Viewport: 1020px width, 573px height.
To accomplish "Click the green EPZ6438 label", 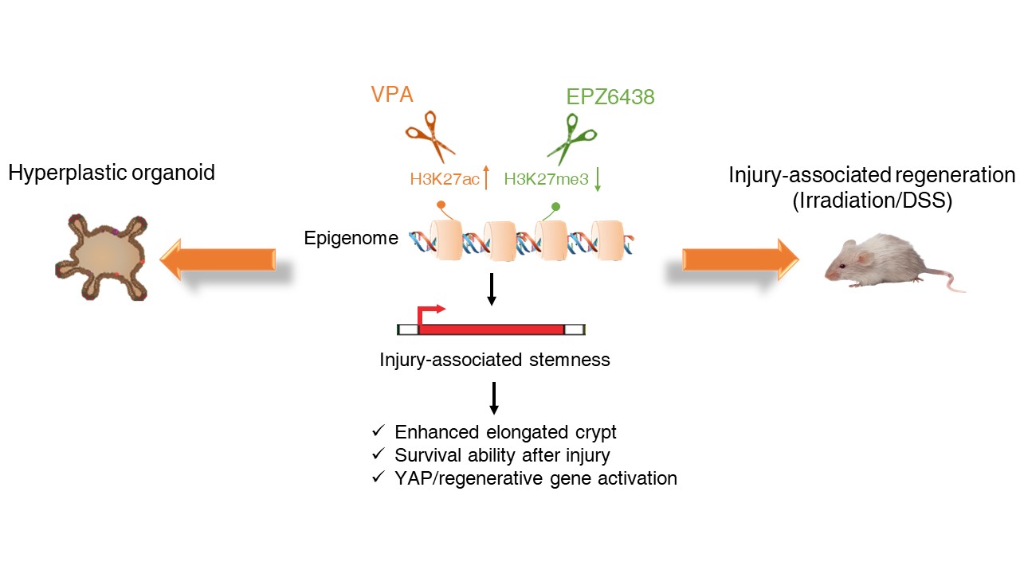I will click(610, 97).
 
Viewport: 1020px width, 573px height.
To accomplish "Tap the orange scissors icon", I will click(430, 136).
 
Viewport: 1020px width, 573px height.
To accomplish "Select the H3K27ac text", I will click(445, 179).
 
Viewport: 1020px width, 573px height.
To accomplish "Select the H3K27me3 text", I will click(547, 179).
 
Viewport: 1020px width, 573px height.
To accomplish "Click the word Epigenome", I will click(351, 238).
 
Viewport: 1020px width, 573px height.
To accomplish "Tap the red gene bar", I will click(492, 329).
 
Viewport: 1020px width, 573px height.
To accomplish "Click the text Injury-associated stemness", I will click(495, 360).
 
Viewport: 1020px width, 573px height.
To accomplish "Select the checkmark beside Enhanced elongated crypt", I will click(378, 431).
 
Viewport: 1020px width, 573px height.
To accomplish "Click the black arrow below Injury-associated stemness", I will click(494, 398).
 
